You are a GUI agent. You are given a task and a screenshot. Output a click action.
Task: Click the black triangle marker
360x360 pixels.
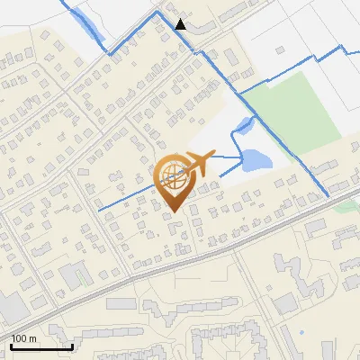(181, 24)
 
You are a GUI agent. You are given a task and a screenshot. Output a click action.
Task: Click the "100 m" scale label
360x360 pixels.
(23, 338)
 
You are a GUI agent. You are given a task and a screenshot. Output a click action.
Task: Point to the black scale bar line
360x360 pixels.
(41, 347)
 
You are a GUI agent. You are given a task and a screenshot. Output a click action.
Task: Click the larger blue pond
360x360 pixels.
(256, 162)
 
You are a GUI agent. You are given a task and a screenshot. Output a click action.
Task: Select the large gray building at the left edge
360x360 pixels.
(11, 307)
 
